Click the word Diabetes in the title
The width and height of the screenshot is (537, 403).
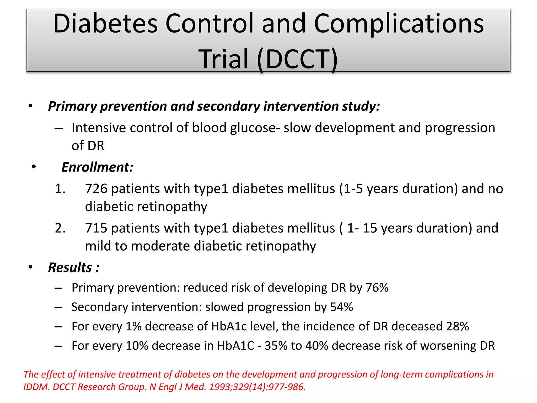click(105, 24)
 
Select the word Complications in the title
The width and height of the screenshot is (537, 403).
click(399, 24)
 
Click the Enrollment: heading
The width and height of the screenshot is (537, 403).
click(97, 167)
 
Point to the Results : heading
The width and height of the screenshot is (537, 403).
click(74, 268)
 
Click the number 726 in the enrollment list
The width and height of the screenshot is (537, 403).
click(96, 189)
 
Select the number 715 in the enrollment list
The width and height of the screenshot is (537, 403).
click(96, 228)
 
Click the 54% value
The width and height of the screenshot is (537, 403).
click(342, 307)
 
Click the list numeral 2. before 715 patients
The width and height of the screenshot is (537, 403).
click(60, 228)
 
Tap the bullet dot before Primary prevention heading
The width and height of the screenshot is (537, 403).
click(30, 106)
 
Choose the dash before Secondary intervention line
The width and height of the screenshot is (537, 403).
click(58, 307)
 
